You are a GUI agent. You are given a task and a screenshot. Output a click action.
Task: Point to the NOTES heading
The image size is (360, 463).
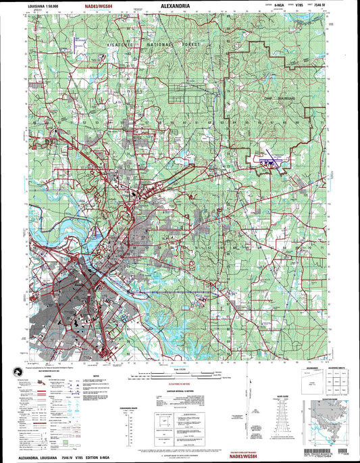pos(96,376)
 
